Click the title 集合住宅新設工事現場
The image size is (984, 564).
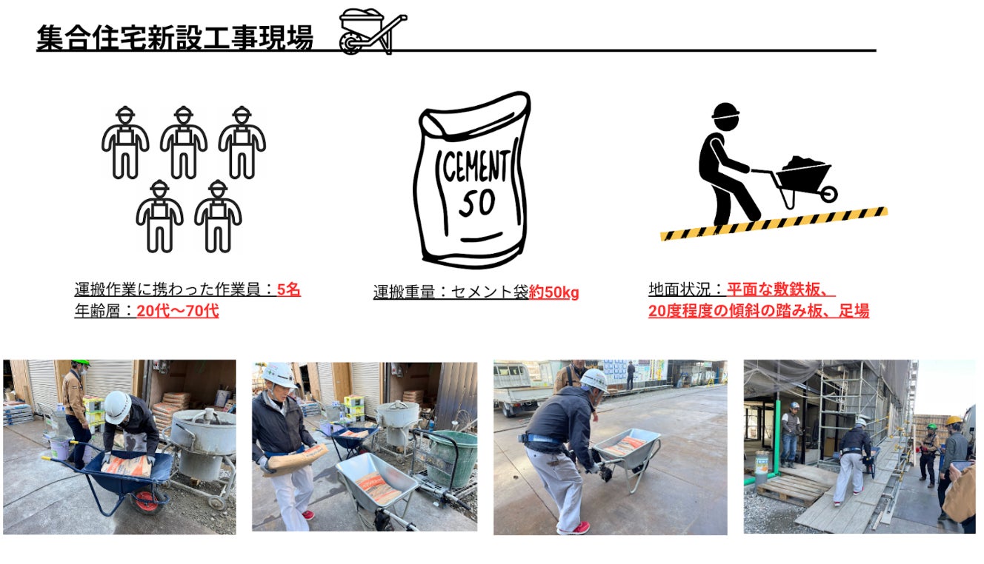point(175,37)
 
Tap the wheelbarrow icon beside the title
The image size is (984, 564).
point(373,32)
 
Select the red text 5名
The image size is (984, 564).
point(289,289)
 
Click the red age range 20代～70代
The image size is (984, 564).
point(178,311)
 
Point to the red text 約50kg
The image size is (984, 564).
point(553,292)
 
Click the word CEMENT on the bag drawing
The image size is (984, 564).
point(475,166)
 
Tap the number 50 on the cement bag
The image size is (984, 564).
point(477,204)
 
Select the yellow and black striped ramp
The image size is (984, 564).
point(774,224)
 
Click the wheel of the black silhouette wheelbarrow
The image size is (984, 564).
point(828,194)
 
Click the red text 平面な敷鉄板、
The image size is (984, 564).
point(781,289)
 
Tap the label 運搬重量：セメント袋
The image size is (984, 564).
point(451,292)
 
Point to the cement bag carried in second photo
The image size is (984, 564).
point(298,459)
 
